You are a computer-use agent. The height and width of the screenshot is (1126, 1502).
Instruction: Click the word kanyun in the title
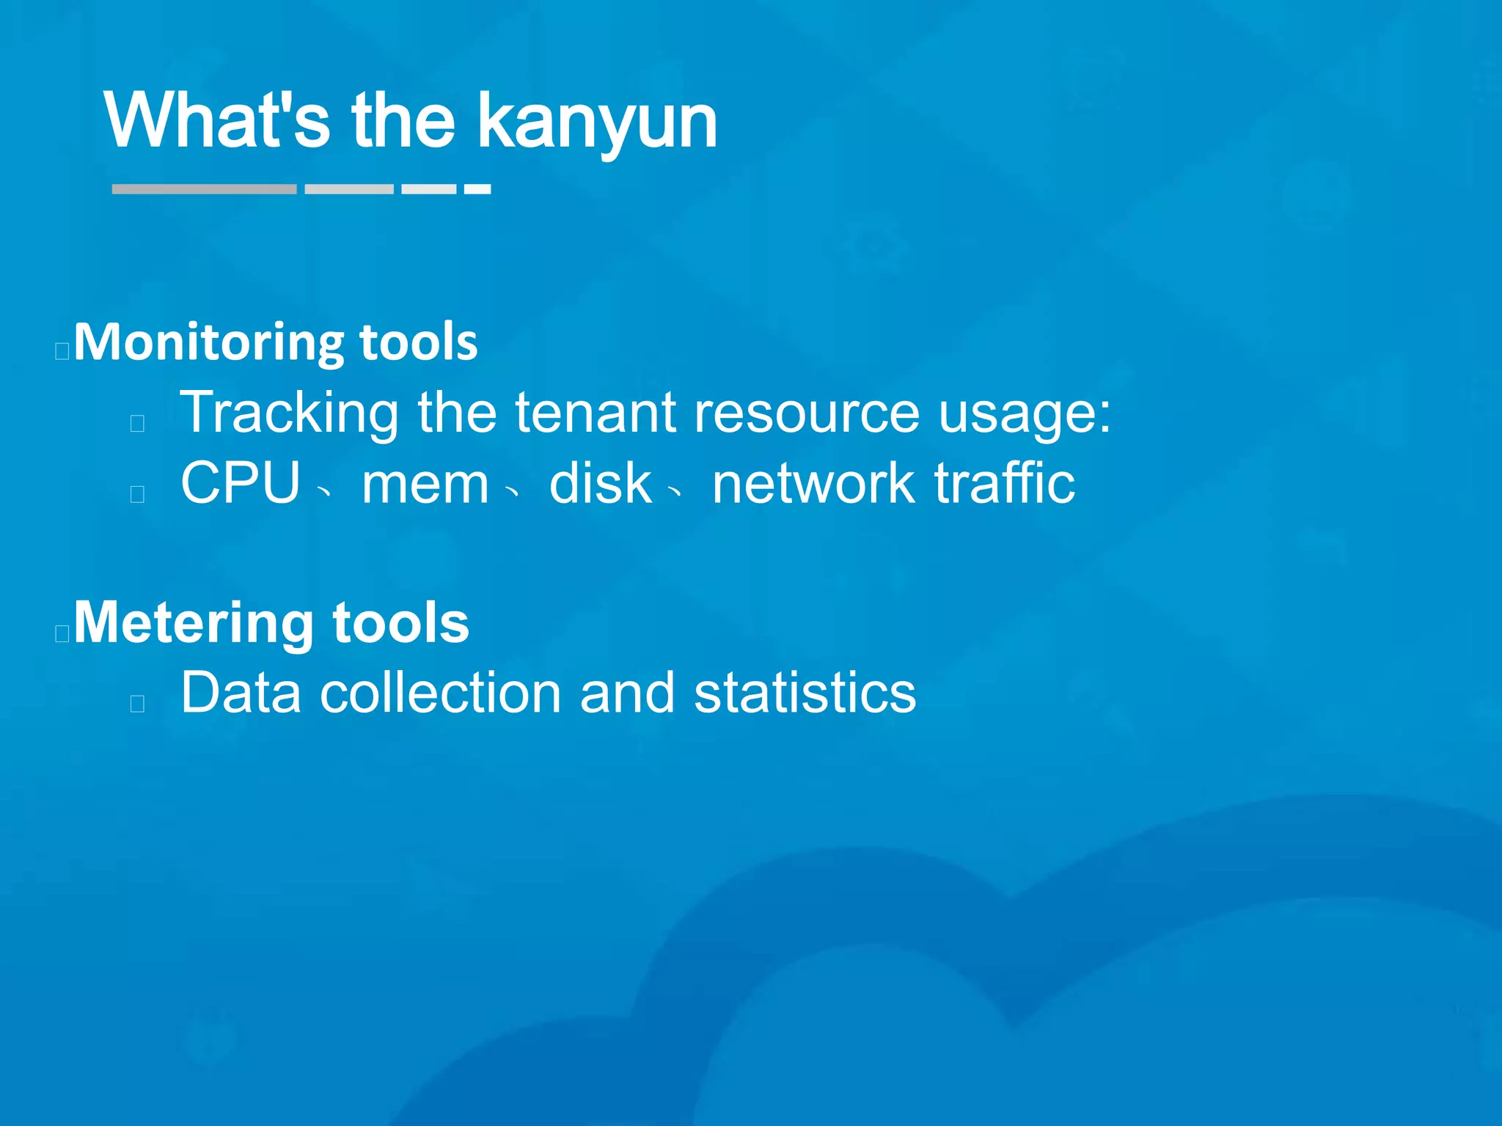[x=597, y=122]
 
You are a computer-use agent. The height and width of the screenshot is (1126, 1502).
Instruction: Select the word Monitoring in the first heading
[x=209, y=343]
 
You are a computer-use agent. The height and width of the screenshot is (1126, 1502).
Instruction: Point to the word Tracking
[x=290, y=413]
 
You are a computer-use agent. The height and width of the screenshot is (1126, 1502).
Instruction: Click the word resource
[x=806, y=413]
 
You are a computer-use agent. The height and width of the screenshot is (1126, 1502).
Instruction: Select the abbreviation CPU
[x=241, y=483]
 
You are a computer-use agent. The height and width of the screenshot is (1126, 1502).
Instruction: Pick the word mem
[x=425, y=485]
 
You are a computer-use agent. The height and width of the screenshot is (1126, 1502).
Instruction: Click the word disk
[x=600, y=483]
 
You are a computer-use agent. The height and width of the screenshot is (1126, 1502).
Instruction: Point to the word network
[x=813, y=483]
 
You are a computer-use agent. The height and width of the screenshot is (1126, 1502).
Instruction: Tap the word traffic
[x=1004, y=483]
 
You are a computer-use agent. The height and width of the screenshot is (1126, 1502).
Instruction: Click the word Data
[x=241, y=693]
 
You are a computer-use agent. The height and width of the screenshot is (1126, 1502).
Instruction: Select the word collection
[x=440, y=693]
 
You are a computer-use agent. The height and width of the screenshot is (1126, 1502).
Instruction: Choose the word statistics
[x=805, y=693]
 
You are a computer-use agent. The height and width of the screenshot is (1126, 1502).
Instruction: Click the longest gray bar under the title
[x=204, y=189]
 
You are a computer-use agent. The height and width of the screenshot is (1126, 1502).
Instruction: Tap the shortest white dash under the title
[x=477, y=189]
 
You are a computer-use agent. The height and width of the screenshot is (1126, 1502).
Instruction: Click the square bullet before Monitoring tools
[x=62, y=351]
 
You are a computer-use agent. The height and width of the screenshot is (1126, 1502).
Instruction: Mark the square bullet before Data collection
[x=137, y=704]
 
